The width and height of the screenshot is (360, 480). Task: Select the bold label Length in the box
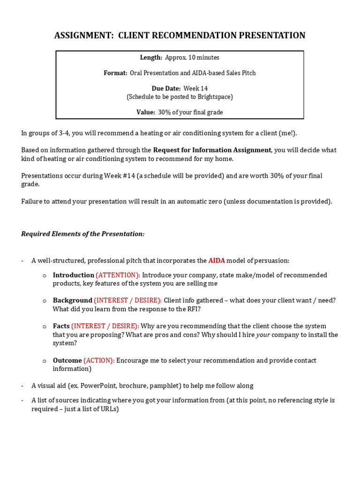point(151,58)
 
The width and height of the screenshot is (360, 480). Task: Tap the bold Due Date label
point(166,89)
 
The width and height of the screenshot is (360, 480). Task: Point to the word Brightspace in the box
point(212,97)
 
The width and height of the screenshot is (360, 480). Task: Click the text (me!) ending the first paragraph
point(287,133)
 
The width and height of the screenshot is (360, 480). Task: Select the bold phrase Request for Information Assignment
point(212,150)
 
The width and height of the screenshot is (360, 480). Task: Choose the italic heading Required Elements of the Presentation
point(83,234)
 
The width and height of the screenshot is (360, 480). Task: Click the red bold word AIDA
point(217,261)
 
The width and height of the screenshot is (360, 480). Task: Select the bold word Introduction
point(73,275)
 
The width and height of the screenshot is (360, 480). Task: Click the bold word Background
point(72,300)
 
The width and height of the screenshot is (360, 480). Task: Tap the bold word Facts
point(61,326)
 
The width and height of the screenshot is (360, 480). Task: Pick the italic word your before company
point(262,335)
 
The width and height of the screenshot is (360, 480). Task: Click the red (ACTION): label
point(99,360)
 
